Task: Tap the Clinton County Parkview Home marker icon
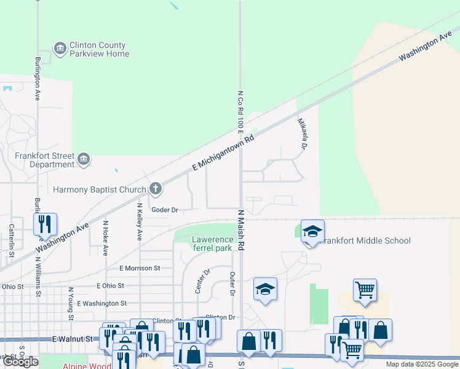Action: point(60,49)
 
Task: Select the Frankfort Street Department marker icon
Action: point(84,160)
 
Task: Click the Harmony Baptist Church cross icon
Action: point(156,189)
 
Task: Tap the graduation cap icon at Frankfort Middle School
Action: point(312,232)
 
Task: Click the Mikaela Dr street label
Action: point(303,134)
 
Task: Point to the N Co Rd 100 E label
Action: point(240,111)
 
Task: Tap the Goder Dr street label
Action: point(165,210)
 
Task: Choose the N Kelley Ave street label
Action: point(140,221)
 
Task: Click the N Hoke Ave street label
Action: point(105,239)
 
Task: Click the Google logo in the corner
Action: point(20,362)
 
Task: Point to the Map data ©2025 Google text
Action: point(421,364)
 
